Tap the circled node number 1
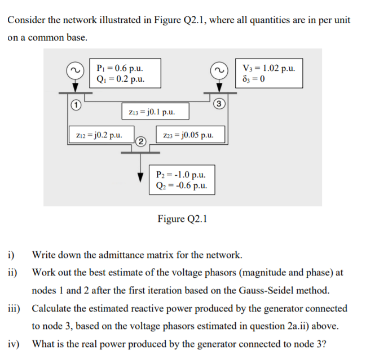73,104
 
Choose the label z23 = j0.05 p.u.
187,135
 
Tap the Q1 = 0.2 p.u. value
120,78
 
